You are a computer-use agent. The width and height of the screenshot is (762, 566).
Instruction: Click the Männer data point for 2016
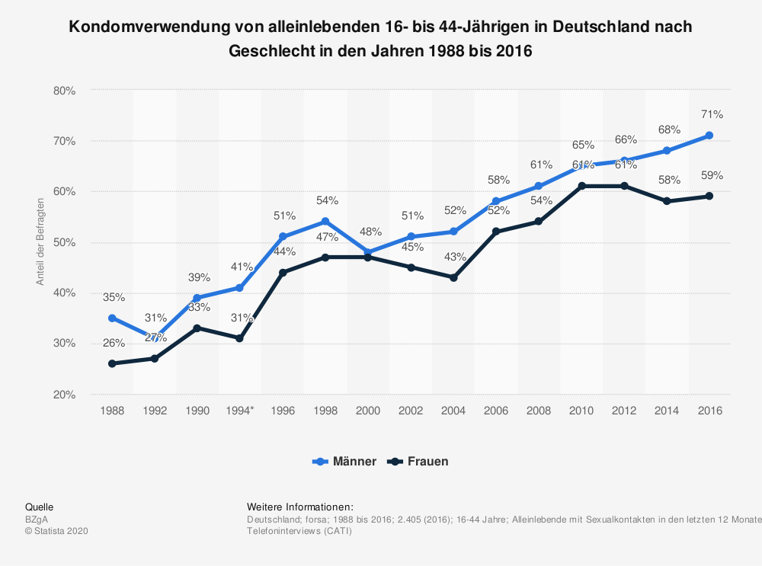click(x=709, y=136)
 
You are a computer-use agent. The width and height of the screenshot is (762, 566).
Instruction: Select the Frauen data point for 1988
click(x=112, y=363)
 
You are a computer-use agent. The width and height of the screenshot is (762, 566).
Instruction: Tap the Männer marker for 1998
click(x=325, y=222)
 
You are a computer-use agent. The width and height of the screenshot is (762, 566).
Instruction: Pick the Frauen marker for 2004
click(x=453, y=277)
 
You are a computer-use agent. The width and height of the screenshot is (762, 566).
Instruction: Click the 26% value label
click(x=114, y=343)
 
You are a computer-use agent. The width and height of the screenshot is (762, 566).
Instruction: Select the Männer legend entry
click(x=344, y=461)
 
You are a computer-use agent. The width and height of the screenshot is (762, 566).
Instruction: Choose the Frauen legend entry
click(x=418, y=461)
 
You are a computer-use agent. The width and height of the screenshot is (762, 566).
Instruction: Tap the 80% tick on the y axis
click(x=65, y=90)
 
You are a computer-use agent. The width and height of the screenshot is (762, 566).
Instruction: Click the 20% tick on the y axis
click(x=65, y=395)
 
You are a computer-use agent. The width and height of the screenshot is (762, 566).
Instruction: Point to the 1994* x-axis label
click(x=240, y=410)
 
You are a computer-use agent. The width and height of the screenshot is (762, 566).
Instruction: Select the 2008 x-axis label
click(x=539, y=410)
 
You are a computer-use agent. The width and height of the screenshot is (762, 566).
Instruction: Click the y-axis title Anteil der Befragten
click(x=40, y=241)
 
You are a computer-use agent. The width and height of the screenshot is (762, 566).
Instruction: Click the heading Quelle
click(x=39, y=507)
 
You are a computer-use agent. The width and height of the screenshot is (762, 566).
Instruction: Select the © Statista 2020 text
click(x=57, y=531)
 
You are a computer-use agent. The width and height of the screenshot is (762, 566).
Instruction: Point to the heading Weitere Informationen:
click(x=300, y=507)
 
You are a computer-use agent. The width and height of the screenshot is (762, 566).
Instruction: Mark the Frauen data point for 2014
click(x=667, y=201)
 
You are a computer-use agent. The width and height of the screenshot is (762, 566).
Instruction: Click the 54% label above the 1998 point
click(x=327, y=200)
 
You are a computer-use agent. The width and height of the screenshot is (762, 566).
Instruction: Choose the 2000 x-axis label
click(x=368, y=410)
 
